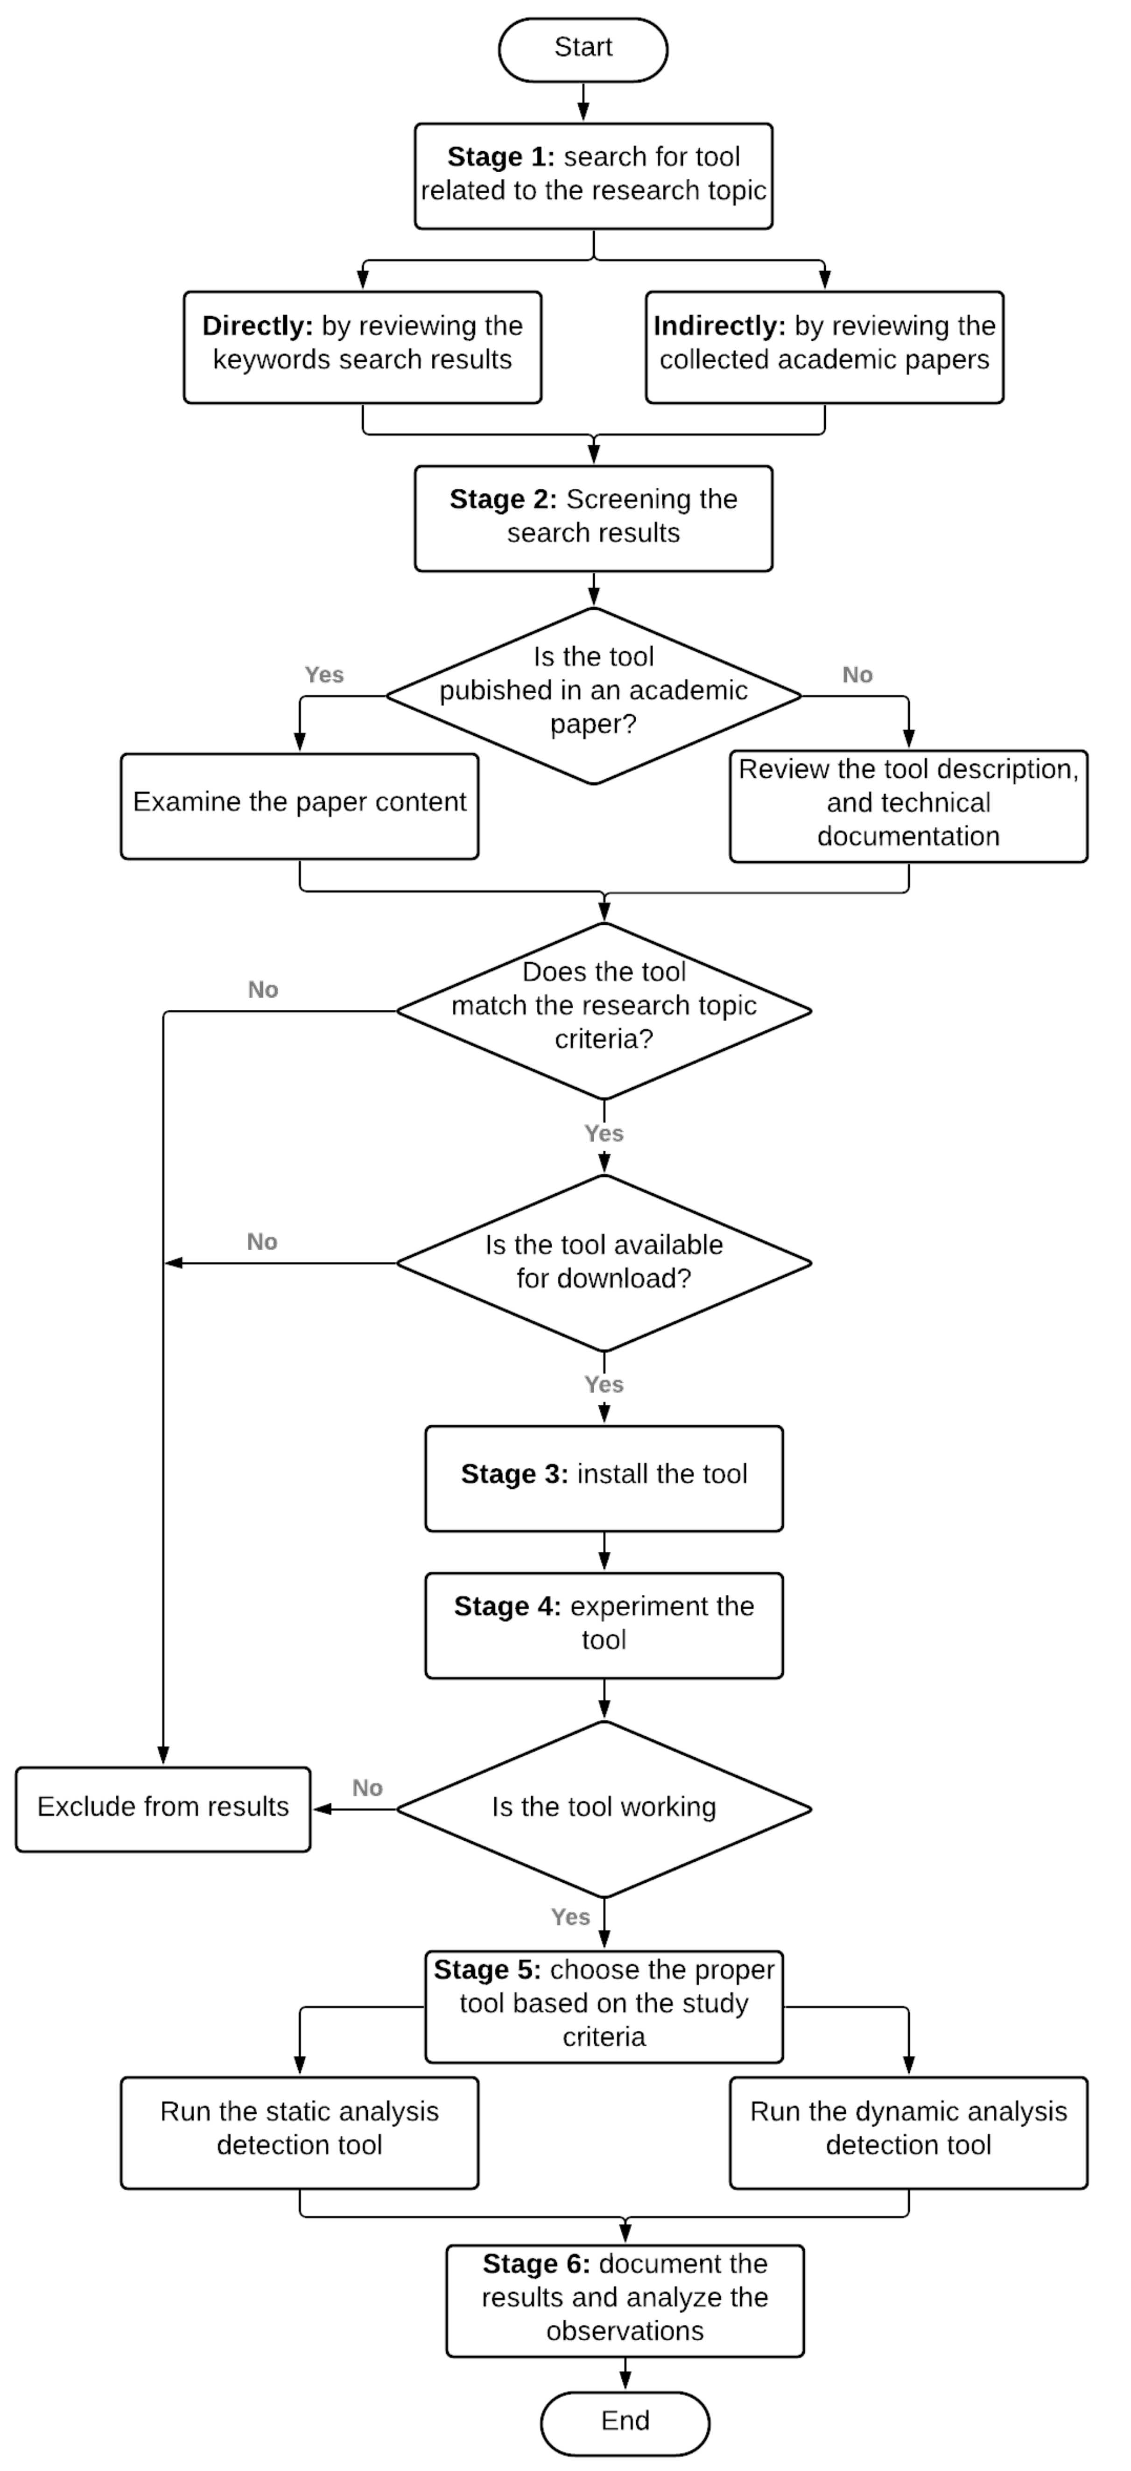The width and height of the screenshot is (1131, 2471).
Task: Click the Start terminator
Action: point(582,48)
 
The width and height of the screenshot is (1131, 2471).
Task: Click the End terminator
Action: point(625,2421)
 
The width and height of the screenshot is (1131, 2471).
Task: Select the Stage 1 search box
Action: point(593,176)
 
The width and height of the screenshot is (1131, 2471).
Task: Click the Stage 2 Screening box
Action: point(593,518)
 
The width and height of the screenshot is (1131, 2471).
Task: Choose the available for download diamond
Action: point(604,1262)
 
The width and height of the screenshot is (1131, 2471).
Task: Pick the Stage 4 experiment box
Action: point(604,1625)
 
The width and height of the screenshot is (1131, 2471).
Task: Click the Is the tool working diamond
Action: point(604,1808)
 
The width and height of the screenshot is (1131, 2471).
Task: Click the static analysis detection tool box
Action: point(299,2132)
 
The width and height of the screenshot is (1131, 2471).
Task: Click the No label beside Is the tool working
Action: point(366,1788)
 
